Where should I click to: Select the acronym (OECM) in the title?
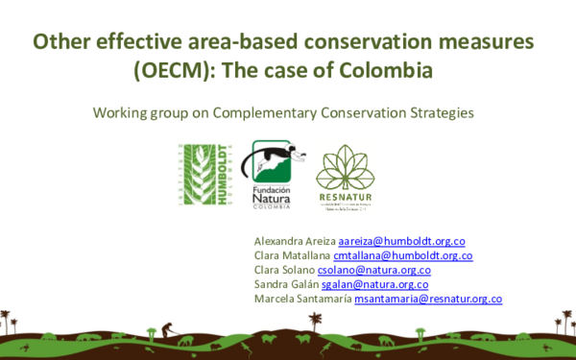pyautogui.click(x=178, y=71)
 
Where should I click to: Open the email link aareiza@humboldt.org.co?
pyautogui.click(x=402, y=241)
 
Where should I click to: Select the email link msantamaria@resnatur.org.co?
pyautogui.click(x=427, y=299)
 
